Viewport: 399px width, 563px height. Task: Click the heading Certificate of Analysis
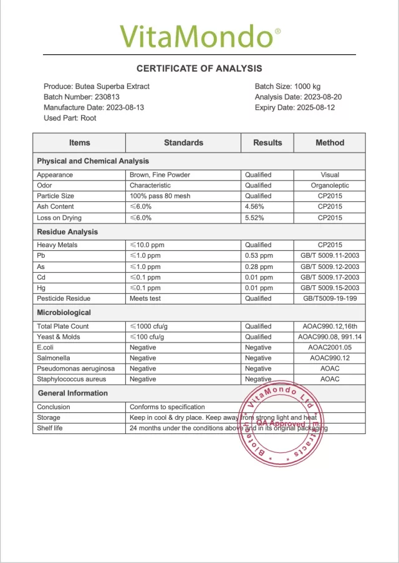tap(199, 69)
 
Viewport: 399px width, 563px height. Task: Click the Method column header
tap(330, 143)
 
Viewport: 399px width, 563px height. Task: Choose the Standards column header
tap(183, 143)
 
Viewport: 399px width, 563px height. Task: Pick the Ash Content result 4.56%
tap(255, 207)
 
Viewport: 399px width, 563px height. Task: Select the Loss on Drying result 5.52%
tap(255, 218)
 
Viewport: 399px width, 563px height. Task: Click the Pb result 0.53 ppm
tap(259, 256)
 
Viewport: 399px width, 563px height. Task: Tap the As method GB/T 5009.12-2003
tap(330, 267)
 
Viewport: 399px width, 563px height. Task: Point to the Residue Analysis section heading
tap(67, 232)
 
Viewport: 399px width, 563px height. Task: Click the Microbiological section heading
tap(64, 313)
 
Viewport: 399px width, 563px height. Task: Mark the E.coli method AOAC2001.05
tap(330, 348)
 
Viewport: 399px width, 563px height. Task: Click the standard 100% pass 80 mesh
tap(161, 196)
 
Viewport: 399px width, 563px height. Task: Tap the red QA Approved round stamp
tap(279, 424)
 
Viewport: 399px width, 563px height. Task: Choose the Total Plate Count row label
tap(63, 326)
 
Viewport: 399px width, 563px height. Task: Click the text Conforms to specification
tap(167, 407)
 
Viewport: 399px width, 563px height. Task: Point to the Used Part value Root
tap(89, 118)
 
